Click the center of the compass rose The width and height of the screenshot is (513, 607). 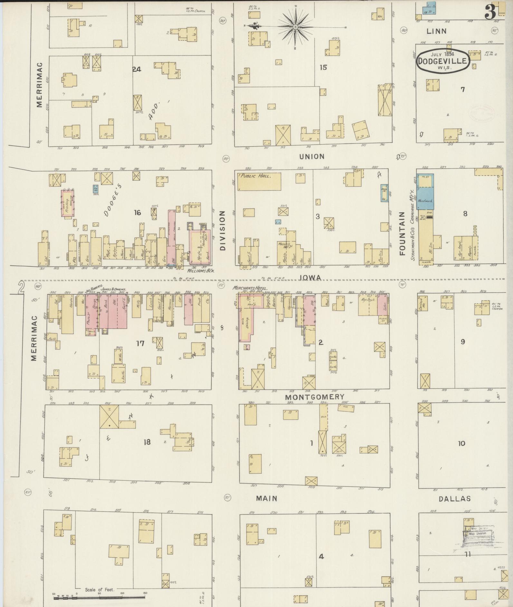coord(295,26)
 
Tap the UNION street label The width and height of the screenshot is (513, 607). coord(312,156)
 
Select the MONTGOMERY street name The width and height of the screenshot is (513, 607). coord(315,397)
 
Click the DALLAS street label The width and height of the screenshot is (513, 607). coord(455,499)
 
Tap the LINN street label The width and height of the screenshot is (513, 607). coord(436,31)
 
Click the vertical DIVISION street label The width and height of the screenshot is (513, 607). coord(223,231)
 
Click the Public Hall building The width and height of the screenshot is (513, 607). coord(259,181)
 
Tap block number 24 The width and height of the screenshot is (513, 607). coord(137,69)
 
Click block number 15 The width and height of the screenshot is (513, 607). coord(323,67)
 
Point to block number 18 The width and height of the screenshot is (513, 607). coord(147,442)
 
